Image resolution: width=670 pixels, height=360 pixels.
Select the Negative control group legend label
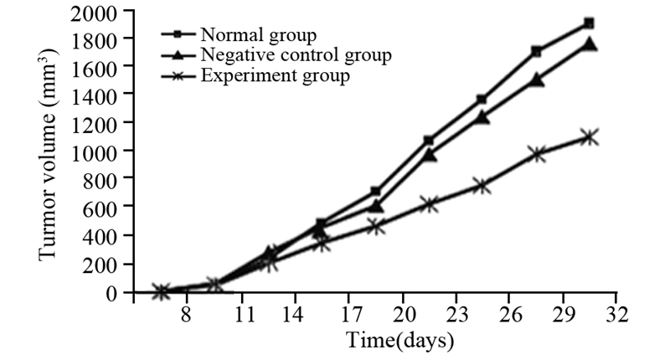coord(296,55)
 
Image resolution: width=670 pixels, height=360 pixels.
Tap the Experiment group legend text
coord(275,76)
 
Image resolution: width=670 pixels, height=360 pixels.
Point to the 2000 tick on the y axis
coord(94,12)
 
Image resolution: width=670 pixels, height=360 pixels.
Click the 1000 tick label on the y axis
coord(94,151)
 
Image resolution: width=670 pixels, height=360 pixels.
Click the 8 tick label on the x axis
coord(186,316)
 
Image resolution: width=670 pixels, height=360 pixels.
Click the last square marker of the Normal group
coord(589,23)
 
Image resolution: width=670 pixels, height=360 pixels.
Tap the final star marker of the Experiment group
coord(589,136)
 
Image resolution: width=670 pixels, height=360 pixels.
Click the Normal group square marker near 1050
coord(429,140)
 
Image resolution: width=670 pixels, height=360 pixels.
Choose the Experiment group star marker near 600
coord(429,204)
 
